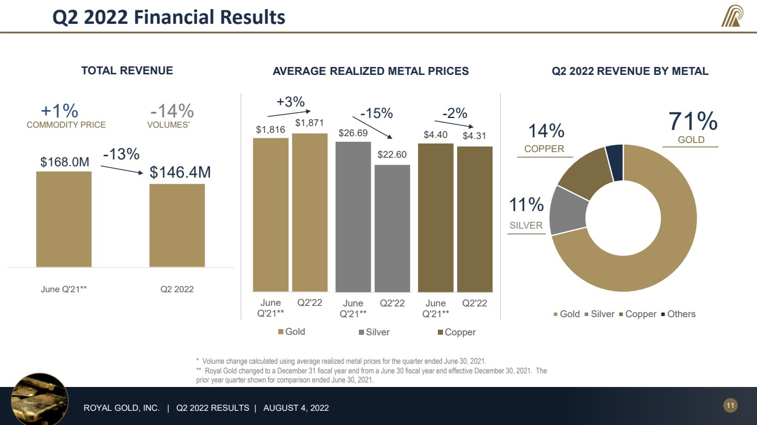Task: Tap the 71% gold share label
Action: pos(692,121)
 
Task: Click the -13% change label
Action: pos(121,154)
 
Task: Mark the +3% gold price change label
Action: pos(290,102)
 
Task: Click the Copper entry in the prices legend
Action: pos(456,332)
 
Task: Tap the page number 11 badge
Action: pos(730,405)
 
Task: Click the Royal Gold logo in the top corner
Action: pos(731,17)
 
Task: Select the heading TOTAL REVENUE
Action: pos(127,71)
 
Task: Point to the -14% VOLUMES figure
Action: pos(172,111)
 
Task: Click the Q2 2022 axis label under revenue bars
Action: pos(177,289)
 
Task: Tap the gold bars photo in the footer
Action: pos(40,397)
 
